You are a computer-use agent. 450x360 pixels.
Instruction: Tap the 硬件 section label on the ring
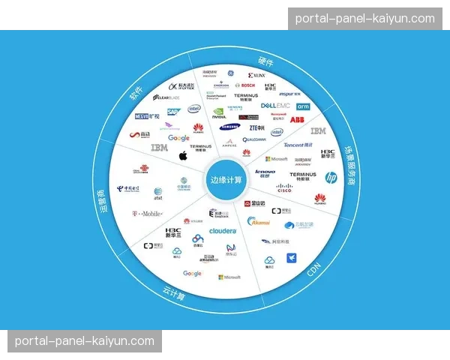265,61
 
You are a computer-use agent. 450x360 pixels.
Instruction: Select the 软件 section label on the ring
136,93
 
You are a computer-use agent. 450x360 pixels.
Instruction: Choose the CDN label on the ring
315,270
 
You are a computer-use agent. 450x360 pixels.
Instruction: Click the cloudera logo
223,231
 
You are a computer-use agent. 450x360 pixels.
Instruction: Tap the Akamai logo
259,221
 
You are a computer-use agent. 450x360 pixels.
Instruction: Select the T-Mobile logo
148,214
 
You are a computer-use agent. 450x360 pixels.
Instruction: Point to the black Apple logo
182,155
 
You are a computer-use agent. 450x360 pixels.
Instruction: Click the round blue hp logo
330,178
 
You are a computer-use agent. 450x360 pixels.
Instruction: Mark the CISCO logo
283,189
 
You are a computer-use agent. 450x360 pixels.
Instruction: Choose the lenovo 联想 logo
265,173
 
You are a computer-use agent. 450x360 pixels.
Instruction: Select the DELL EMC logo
274,106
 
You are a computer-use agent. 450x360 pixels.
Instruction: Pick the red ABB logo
297,120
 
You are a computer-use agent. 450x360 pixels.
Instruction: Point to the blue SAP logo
172,112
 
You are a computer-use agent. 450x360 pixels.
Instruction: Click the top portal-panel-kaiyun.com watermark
364,18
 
